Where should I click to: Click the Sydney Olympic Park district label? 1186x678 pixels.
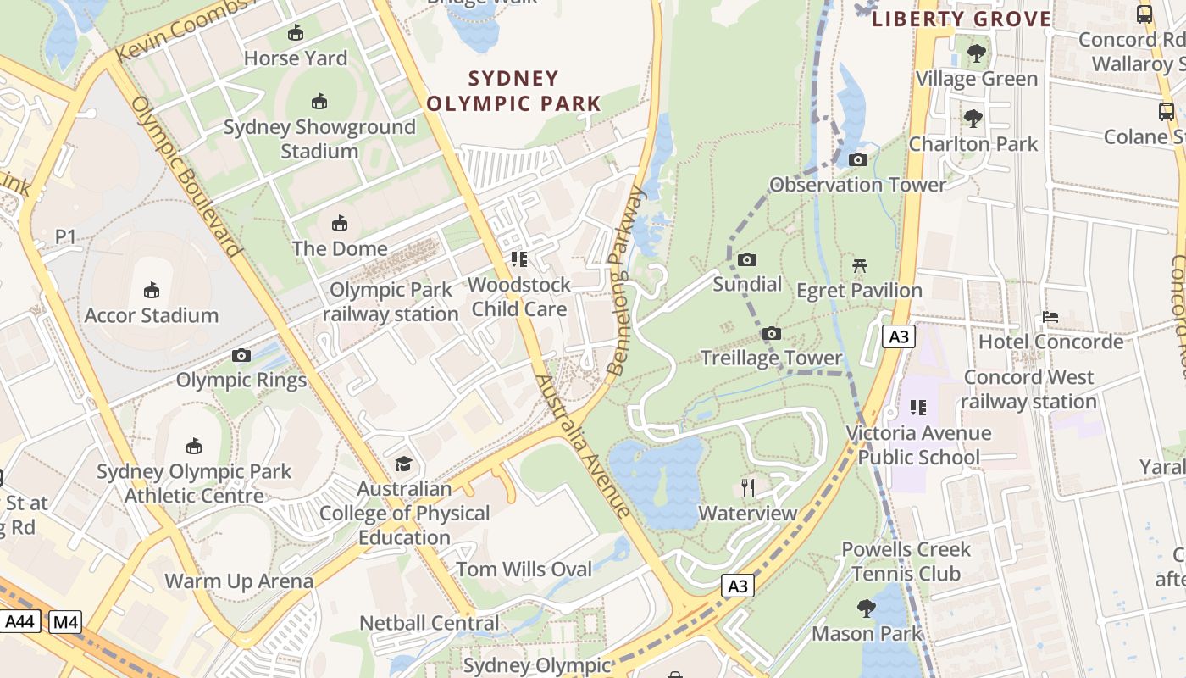point(513,92)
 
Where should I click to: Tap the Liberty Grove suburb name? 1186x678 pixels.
point(962,19)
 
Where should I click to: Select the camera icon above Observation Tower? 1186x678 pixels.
point(857,160)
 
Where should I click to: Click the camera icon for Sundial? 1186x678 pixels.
point(746,260)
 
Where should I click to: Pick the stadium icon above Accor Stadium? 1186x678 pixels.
point(151,291)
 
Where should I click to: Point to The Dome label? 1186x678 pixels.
point(340,248)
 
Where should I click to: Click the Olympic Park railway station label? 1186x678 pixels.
point(391,302)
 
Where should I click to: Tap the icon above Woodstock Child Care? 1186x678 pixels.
point(518,259)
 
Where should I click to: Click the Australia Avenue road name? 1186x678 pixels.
point(584,446)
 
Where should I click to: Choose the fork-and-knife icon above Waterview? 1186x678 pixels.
point(747,488)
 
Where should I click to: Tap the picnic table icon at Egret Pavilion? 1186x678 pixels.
point(859,266)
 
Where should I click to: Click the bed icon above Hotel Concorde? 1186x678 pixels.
point(1050,317)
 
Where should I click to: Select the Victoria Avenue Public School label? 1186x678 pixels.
point(918,445)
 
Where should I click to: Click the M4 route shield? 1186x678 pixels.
point(65,622)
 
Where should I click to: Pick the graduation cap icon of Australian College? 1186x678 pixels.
point(404,464)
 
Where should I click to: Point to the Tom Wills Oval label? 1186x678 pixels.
point(524,570)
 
